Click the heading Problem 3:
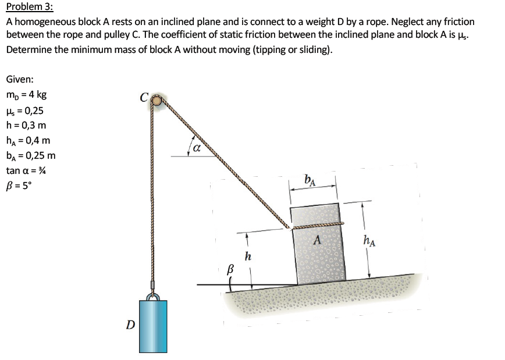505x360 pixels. click(29, 8)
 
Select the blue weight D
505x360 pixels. click(153, 326)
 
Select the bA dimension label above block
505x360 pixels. click(311, 180)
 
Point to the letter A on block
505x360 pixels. click(317, 239)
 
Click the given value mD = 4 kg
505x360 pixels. click(27, 95)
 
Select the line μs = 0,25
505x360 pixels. click(24, 111)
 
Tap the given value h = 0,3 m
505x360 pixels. click(26, 125)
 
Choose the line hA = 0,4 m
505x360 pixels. click(28, 140)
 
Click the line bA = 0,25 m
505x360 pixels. click(31, 155)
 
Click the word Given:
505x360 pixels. click(19, 79)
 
